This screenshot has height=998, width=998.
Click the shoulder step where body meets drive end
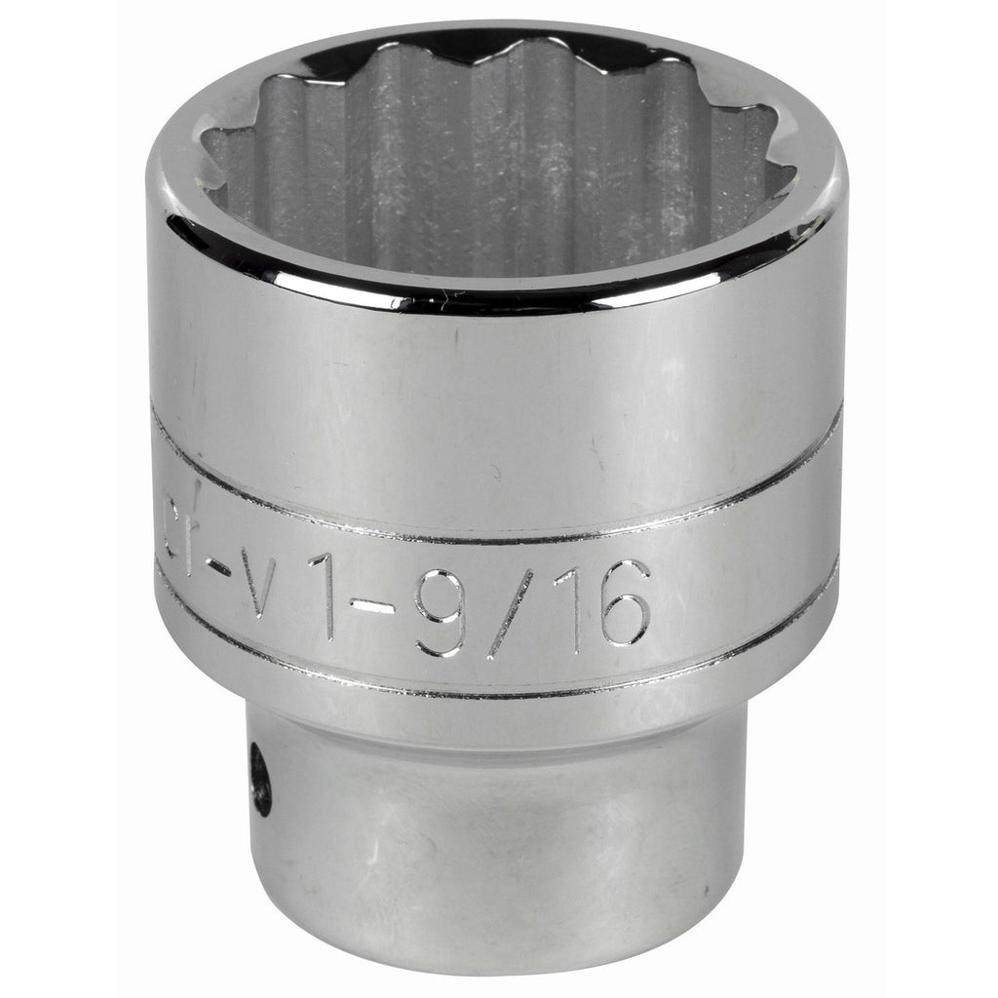tap(497, 726)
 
